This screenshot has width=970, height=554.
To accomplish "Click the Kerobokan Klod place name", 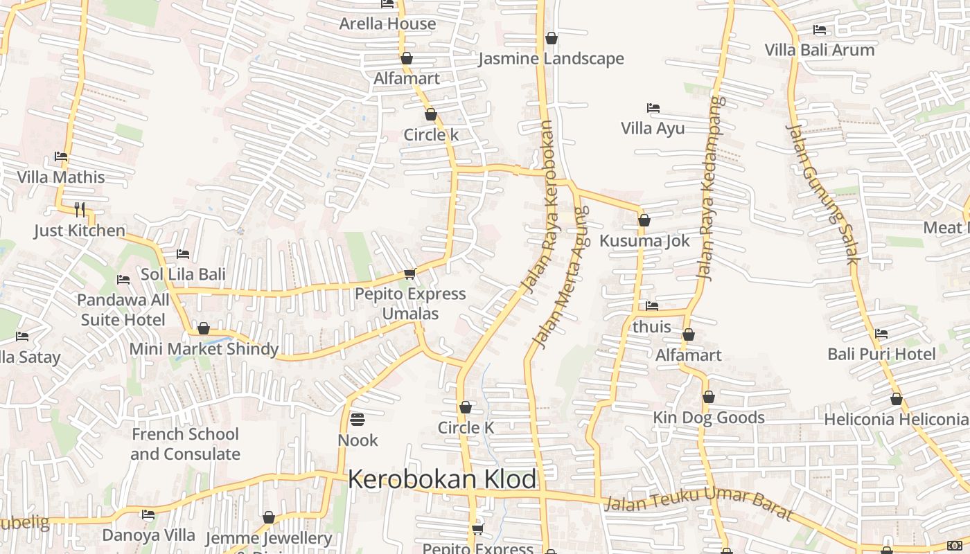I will click(442, 479).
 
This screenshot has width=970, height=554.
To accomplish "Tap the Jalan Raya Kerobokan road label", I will click(540, 208).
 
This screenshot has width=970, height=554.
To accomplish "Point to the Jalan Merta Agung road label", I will click(561, 277).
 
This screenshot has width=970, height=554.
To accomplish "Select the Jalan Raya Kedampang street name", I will click(712, 187).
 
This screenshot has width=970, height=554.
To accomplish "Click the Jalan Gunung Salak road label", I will click(822, 193).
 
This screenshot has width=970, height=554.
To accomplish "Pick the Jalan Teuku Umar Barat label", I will click(698, 502).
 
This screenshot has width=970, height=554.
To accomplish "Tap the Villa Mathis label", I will click(61, 177).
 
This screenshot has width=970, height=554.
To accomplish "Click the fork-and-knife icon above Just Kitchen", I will click(80, 209).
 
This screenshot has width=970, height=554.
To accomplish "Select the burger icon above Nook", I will click(358, 420).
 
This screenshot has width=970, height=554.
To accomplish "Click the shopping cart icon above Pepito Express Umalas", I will click(409, 274).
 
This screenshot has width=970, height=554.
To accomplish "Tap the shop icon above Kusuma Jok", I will click(644, 221).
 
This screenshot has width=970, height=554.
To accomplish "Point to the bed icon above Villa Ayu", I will click(653, 108).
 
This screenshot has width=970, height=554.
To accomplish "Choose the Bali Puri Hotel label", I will click(881, 355).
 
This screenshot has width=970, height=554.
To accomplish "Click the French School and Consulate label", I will click(185, 444).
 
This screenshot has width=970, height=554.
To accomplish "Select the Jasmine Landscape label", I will click(551, 59).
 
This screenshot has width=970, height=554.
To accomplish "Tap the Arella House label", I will click(387, 24).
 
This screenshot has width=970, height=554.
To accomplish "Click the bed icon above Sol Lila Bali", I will click(183, 254).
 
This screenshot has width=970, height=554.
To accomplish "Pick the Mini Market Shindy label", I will click(204, 349).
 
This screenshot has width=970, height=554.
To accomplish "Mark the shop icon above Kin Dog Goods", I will click(708, 397).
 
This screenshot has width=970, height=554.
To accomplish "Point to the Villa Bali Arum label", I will click(820, 50).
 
